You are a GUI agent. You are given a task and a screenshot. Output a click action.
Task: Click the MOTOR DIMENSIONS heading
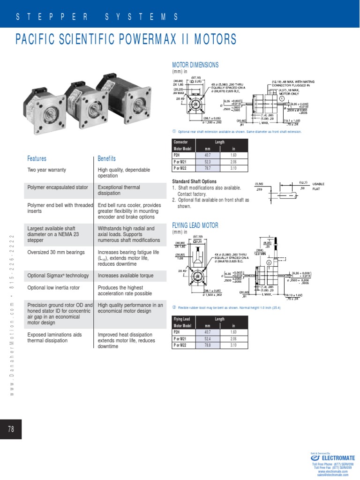pos(195,65)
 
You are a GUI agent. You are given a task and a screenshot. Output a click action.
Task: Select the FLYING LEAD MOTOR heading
pos(195,225)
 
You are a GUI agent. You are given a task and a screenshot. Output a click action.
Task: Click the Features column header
pos(37,158)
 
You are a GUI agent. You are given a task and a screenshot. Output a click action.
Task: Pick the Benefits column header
pos(106,158)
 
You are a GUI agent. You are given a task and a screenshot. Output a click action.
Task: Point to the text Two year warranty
pos(47,170)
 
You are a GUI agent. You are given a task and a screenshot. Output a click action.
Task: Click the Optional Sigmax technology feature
pos(58,276)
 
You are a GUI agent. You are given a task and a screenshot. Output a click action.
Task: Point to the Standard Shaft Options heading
pos(195,181)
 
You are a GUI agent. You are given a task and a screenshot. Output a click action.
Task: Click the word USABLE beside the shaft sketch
pos(319,184)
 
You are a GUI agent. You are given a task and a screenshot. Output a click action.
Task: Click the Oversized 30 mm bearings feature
pos(54,252)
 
